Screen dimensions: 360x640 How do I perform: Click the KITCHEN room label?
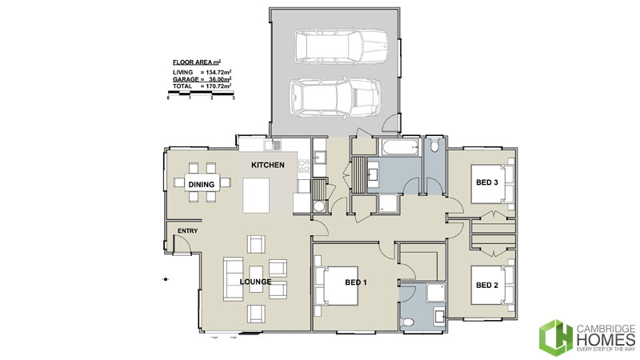[x=268, y=165]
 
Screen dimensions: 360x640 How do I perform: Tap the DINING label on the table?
[x=202, y=185]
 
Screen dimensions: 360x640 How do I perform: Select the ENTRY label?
[x=187, y=232]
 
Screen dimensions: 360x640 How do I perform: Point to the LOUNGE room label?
[x=255, y=282]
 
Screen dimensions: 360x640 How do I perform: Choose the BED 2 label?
[x=487, y=285]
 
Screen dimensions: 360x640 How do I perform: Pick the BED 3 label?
[x=487, y=182]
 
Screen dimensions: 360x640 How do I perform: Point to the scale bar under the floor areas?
[x=201, y=94]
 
